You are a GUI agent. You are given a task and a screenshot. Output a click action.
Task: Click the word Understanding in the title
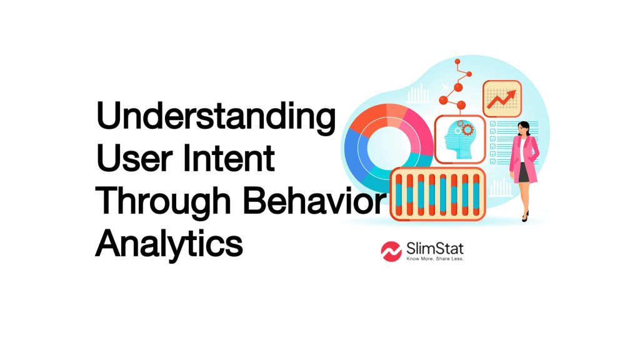(x=215, y=119)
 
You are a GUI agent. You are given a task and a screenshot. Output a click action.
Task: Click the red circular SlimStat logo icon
(x=391, y=251)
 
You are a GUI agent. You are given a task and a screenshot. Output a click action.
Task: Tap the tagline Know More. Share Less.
(x=435, y=259)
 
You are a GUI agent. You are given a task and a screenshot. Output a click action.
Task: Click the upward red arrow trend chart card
(x=501, y=100)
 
